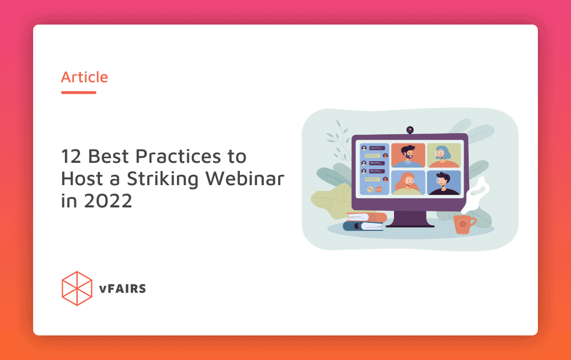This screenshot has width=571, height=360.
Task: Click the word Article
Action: click(85, 77)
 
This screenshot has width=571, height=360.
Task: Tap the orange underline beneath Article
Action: click(79, 93)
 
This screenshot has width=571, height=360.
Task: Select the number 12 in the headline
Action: click(71, 157)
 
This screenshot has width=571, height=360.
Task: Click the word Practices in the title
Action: click(178, 157)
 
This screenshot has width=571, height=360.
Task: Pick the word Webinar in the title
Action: click(245, 178)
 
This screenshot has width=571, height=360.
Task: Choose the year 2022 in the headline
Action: click(108, 201)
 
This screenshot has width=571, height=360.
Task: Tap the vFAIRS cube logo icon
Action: click(77, 288)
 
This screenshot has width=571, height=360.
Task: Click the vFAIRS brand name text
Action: click(122, 289)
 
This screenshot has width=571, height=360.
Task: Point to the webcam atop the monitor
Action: click(410, 130)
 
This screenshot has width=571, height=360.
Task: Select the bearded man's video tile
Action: click(408, 155)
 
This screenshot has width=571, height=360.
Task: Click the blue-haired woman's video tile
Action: click(444, 155)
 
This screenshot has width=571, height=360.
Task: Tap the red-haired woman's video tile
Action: click(408, 182)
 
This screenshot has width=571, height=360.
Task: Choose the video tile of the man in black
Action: click(444, 182)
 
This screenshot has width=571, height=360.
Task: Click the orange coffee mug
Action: click(463, 224)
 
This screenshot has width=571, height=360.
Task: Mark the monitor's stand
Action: click(410, 219)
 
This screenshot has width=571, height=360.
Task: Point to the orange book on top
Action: click(367, 217)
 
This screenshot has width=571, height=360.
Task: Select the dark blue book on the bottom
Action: click(363, 226)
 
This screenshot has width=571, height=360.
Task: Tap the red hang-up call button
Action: click(379, 190)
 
